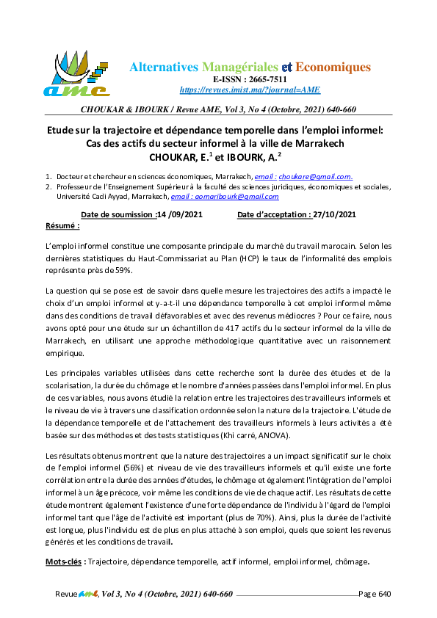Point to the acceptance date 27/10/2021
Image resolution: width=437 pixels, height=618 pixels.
(x=334, y=215)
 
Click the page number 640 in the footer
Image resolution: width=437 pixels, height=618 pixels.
(x=385, y=594)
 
